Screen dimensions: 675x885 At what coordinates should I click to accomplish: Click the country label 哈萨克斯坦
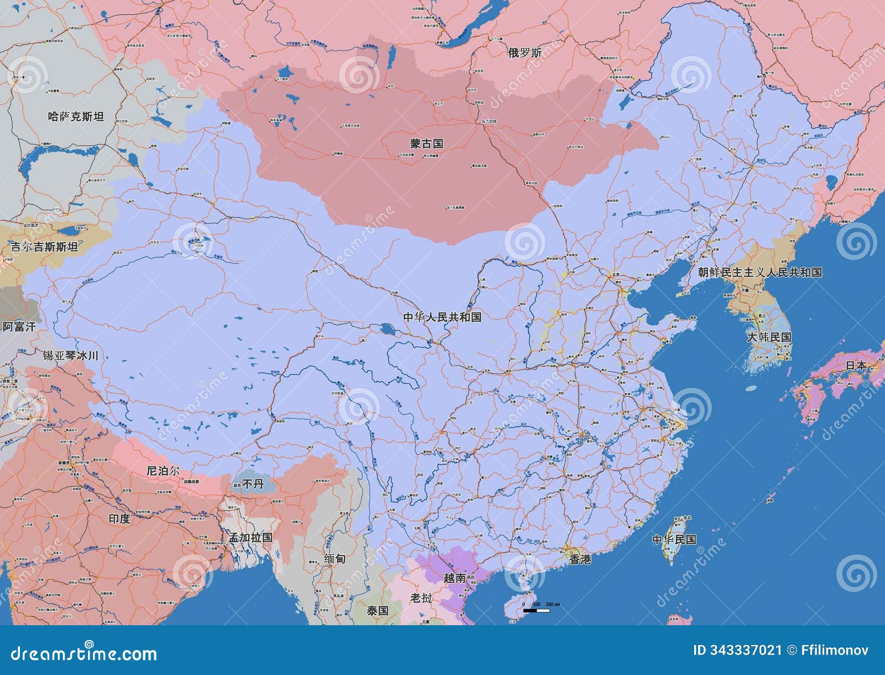[76, 116]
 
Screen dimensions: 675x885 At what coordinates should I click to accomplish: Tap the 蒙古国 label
[426, 143]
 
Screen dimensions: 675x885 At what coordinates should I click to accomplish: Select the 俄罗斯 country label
[525, 53]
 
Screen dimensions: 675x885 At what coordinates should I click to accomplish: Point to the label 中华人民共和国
[442, 317]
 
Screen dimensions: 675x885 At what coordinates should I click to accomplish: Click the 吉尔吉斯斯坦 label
[45, 247]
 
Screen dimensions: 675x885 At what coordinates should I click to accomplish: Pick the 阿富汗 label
[19, 326]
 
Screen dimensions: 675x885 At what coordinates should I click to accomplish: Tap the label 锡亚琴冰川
[71, 355]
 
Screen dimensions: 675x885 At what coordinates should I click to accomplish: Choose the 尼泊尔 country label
[163, 471]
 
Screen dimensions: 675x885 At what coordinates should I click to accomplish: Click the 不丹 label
[253, 484]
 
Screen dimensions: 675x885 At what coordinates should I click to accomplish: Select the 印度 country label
[119, 518]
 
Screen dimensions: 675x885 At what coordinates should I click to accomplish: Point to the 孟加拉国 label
[251, 537]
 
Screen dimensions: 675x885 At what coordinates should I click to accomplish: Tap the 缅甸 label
[335, 559]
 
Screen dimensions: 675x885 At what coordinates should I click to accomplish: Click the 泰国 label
[378, 610]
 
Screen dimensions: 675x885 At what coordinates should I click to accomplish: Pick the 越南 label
[455, 578]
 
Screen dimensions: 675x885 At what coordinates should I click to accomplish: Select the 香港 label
[581, 559]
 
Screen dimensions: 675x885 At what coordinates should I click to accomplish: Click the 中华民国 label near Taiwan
[674, 539]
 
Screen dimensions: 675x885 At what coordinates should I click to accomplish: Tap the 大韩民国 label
[769, 337]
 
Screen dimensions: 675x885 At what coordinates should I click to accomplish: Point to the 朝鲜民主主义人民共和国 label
[759, 272]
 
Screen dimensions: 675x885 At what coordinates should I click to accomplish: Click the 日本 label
[856, 366]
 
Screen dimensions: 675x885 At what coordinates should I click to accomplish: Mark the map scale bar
[536, 610]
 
